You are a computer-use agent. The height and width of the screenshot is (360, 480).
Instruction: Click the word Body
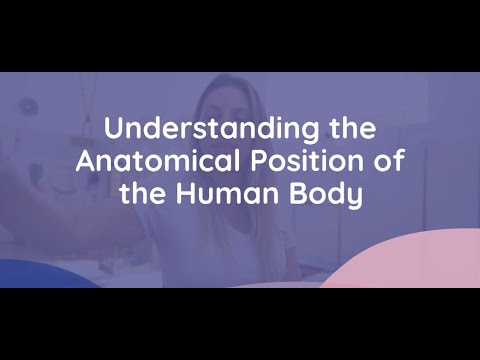327,192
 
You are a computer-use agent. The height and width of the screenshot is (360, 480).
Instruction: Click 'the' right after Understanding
351,130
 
